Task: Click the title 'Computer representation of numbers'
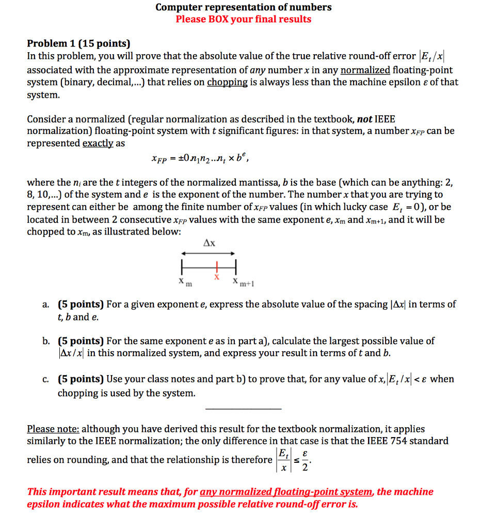(244, 7)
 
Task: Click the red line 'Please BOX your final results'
(244, 20)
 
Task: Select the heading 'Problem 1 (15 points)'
(78, 44)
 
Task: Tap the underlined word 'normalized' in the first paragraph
(365, 70)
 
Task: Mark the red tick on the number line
(217, 267)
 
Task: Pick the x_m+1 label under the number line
(240, 282)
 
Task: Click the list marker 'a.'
(46, 305)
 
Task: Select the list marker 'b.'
(46, 341)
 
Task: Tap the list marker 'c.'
(46, 379)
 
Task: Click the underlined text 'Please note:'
(53, 429)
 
